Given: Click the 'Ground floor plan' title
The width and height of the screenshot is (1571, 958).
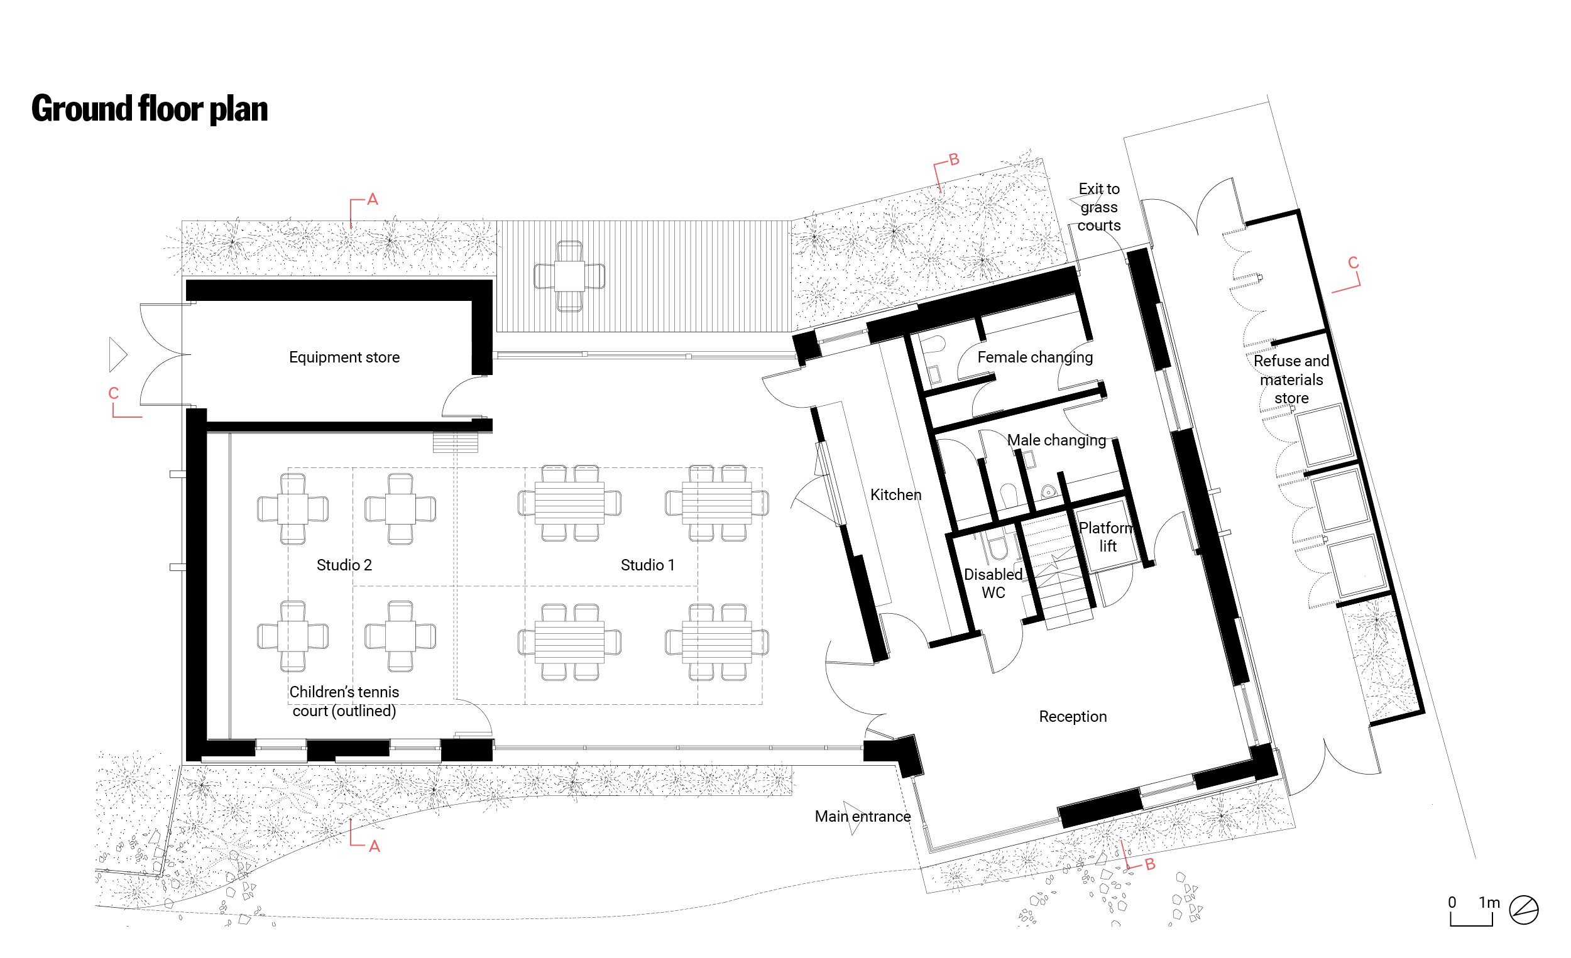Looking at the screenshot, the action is point(150,109).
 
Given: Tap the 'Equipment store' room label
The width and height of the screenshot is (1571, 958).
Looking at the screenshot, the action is point(344,357).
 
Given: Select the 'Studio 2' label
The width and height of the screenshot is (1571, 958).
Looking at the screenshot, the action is point(344,565).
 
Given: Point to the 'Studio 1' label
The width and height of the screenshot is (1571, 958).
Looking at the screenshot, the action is point(648,565).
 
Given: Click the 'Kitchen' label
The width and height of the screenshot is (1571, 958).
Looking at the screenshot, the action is point(896,494).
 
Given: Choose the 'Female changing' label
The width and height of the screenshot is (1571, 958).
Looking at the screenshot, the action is point(1036,357).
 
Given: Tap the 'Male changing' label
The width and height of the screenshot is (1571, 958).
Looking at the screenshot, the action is point(1056,440).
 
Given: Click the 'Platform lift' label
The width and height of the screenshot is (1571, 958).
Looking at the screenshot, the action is point(1106,536).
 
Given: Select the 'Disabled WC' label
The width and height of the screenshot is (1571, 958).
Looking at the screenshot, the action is point(994,583).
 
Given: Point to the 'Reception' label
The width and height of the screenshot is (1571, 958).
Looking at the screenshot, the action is point(1073,716).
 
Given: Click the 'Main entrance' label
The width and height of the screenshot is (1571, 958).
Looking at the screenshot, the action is point(863,817).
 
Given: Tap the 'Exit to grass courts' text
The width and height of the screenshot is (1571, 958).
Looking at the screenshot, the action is point(1099,207).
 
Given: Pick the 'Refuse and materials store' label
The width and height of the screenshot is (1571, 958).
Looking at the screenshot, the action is point(1291,379).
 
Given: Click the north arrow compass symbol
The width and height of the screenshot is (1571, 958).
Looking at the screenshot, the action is point(1524,910).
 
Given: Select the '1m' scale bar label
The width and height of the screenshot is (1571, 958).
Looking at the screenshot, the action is point(1489,903).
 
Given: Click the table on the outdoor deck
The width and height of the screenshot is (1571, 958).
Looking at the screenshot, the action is point(569,276).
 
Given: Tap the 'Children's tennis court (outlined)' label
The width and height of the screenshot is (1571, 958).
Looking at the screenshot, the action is point(344,701).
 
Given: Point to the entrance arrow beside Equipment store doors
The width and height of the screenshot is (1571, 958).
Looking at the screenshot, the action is point(118,354).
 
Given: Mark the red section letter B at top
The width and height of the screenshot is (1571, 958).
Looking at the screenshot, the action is point(955,160).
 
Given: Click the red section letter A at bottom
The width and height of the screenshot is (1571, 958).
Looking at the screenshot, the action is point(375,846).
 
